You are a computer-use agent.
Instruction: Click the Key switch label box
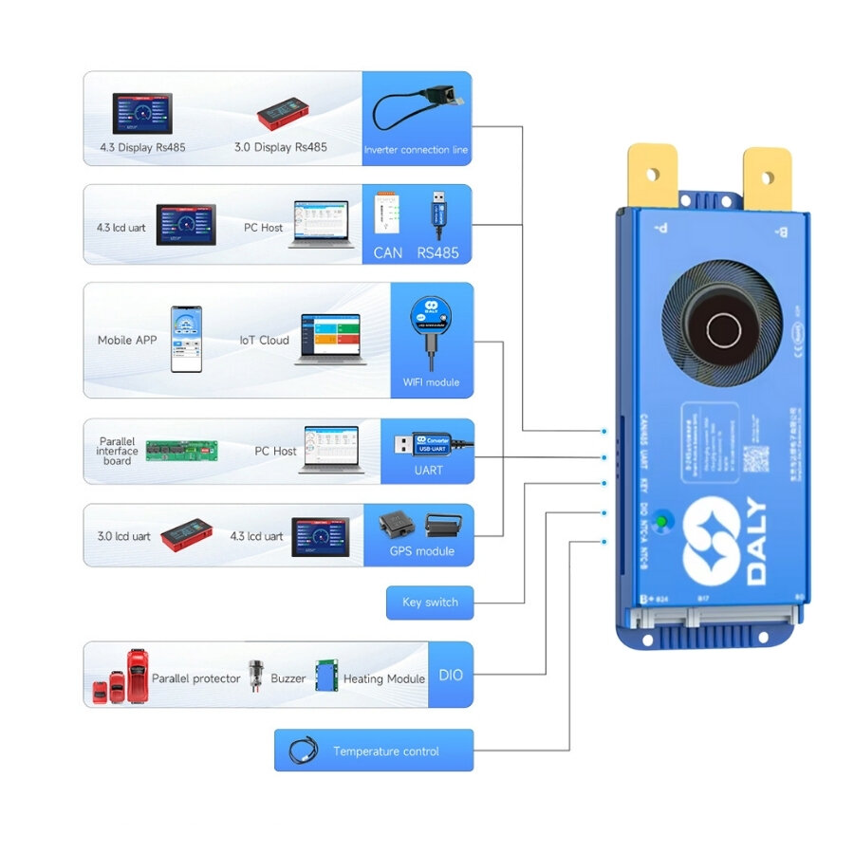(x=430, y=603)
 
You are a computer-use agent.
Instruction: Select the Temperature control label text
(x=385, y=752)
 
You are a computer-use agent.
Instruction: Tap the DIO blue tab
(x=450, y=675)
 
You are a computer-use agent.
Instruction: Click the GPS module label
(x=421, y=551)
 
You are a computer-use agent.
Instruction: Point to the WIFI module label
(x=431, y=382)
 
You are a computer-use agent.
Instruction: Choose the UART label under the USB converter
(x=428, y=470)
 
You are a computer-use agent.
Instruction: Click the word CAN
(x=387, y=252)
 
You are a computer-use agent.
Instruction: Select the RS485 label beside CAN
(x=437, y=252)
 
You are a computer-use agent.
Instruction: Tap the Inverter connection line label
(x=416, y=150)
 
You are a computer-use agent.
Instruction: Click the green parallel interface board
(x=181, y=450)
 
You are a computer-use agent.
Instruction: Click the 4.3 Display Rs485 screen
(x=142, y=114)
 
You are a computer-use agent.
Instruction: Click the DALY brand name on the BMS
(x=757, y=542)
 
